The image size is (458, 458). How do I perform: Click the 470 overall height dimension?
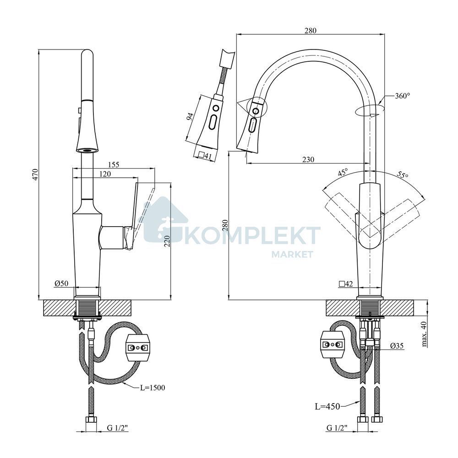[35, 174]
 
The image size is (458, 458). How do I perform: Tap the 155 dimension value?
[113, 165]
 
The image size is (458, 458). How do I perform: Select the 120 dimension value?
[105, 174]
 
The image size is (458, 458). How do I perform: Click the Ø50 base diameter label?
[61, 283]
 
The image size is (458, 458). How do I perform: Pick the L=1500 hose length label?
[153, 387]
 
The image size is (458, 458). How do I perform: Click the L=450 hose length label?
[327, 406]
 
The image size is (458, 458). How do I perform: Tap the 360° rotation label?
[403, 96]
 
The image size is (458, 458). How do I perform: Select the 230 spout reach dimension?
[308, 159]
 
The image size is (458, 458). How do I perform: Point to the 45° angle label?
[343, 172]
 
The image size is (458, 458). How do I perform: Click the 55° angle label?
[403, 175]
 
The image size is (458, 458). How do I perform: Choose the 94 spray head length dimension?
[190, 116]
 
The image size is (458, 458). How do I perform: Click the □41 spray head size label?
[205, 156]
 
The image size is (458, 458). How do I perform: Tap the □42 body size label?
[346, 284]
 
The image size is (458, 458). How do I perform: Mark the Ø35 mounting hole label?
[397, 346]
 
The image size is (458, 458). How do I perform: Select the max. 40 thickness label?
[425, 333]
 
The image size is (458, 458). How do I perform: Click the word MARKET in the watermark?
[292, 254]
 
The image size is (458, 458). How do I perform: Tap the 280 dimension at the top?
[310, 30]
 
